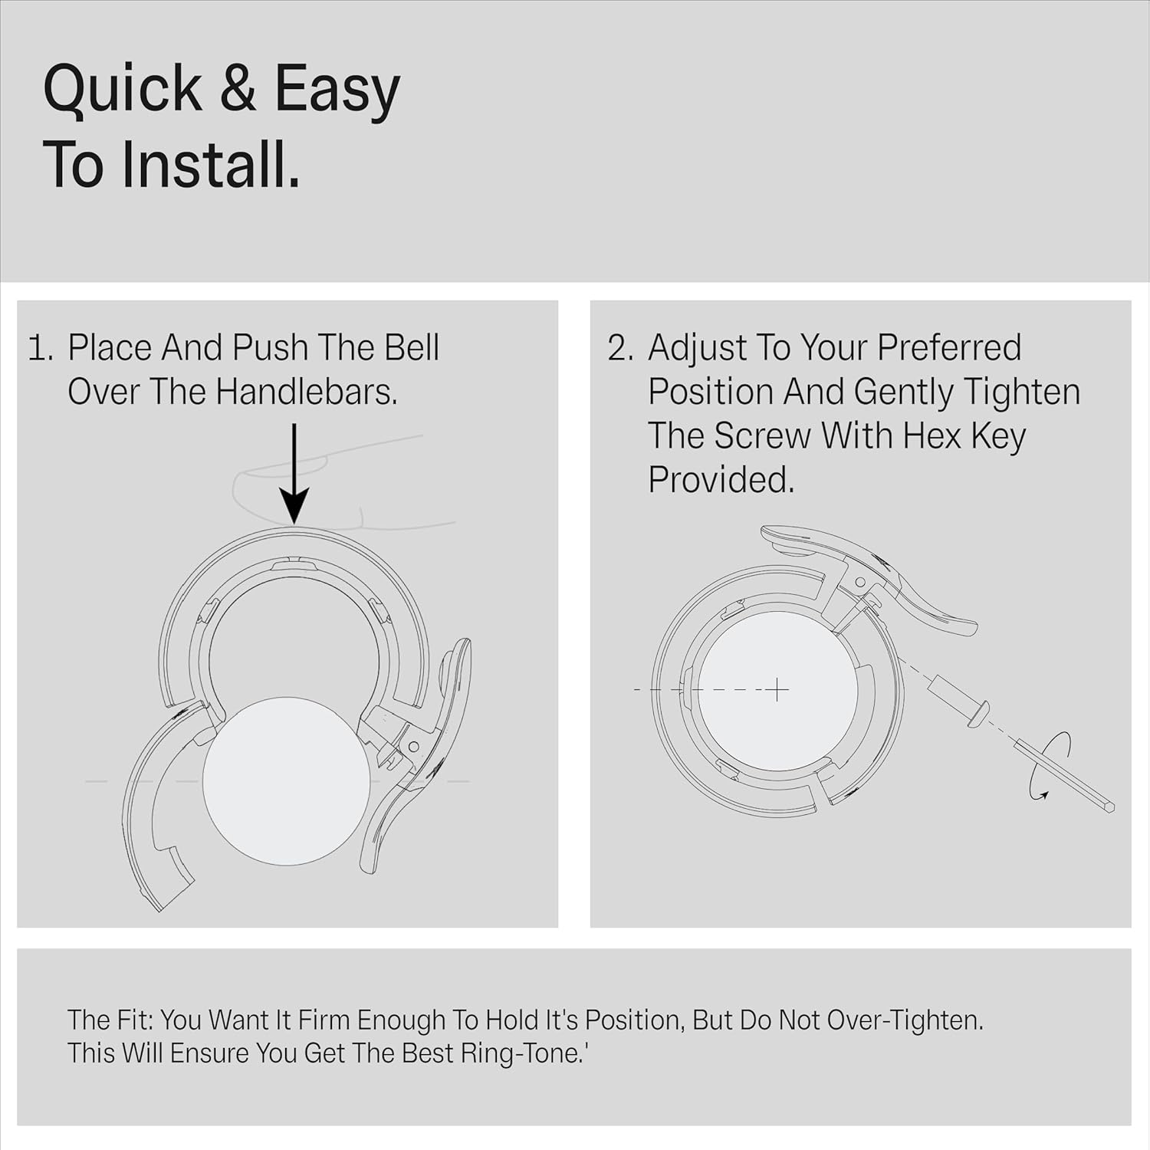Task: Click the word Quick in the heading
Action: tap(123, 89)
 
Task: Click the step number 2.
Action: tap(619, 349)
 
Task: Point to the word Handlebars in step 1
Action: tap(307, 392)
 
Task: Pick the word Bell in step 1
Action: tap(412, 347)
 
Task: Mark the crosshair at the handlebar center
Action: tap(777, 690)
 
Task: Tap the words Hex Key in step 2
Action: tap(964, 436)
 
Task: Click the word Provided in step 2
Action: tap(721, 481)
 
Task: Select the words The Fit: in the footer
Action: tap(110, 1020)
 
